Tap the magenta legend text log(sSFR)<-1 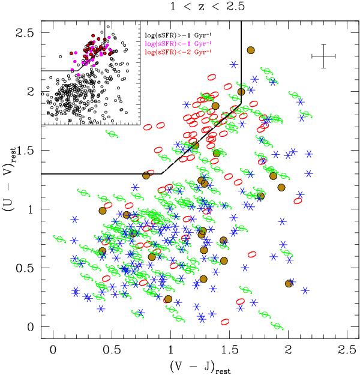173,37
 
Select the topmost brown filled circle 251,50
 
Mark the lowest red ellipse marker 226,322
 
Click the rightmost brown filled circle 289,283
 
